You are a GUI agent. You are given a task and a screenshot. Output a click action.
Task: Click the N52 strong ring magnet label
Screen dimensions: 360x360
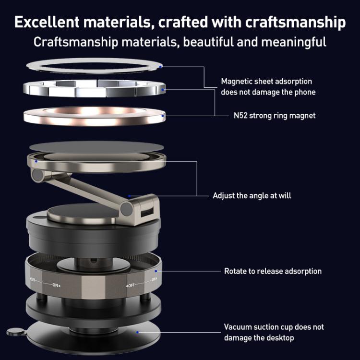(x=272, y=116)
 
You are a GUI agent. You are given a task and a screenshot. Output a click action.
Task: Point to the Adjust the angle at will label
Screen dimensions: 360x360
(x=252, y=196)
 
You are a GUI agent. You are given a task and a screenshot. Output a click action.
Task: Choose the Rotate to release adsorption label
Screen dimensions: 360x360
(x=273, y=271)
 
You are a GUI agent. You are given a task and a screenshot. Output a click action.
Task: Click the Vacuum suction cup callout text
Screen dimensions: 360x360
(x=274, y=332)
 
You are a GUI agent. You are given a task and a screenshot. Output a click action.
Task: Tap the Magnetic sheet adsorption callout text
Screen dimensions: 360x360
(x=268, y=86)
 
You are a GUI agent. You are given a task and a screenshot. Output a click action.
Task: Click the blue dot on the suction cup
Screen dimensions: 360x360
(x=138, y=331)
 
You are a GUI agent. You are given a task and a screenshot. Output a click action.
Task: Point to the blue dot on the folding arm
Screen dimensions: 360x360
(x=130, y=196)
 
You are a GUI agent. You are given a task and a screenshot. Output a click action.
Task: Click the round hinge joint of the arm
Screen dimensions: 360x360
(x=127, y=208)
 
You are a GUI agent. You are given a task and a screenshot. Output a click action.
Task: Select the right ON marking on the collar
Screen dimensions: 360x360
(x=154, y=279)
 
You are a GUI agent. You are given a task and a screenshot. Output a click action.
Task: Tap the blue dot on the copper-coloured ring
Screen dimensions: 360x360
(x=163, y=116)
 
